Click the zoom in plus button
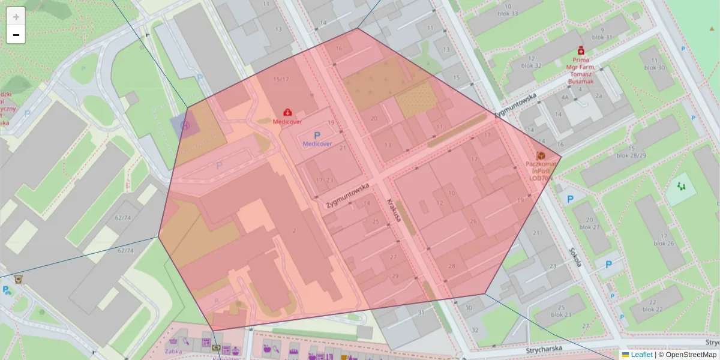[16, 17]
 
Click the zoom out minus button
[16, 35]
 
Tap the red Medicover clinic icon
[287, 112]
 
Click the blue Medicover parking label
[317, 143]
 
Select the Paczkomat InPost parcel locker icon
[541, 155]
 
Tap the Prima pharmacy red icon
[580, 52]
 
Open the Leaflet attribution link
[641, 355]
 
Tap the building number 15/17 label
[281, 79]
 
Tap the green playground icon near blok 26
[681, 187]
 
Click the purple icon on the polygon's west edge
[185, 126]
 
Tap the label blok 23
[560, 314]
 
